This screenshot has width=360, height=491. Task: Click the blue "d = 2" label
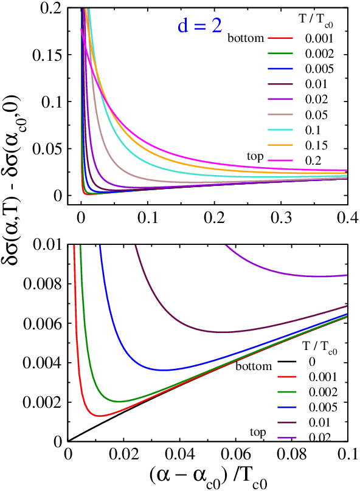pos(200,26)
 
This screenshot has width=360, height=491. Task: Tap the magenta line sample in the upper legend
pos(280,160)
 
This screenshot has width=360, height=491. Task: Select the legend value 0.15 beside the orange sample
pos(316,145)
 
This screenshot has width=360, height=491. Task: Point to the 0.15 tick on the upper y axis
pos(47,55)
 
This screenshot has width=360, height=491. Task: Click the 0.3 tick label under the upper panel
pos(281,218)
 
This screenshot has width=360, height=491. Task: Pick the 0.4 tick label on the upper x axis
pos(348,218)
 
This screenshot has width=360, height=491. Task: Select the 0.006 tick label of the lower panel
pos(43,323)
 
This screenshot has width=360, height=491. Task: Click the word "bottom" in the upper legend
pos(246,38)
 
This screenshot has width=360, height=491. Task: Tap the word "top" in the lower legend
pos(258,433)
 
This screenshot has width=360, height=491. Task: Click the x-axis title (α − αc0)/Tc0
pos(208,477)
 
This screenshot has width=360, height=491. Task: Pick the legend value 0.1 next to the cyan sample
pos(313,130)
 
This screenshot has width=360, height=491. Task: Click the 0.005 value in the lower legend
pos(323,407)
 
